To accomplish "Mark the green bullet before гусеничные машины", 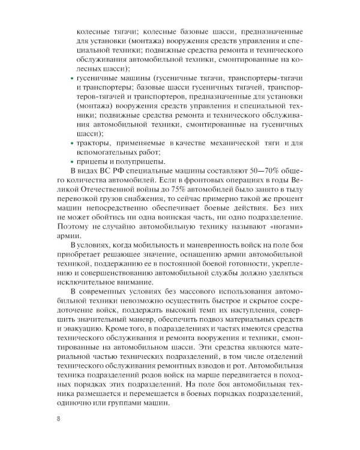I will click(72, 79).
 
